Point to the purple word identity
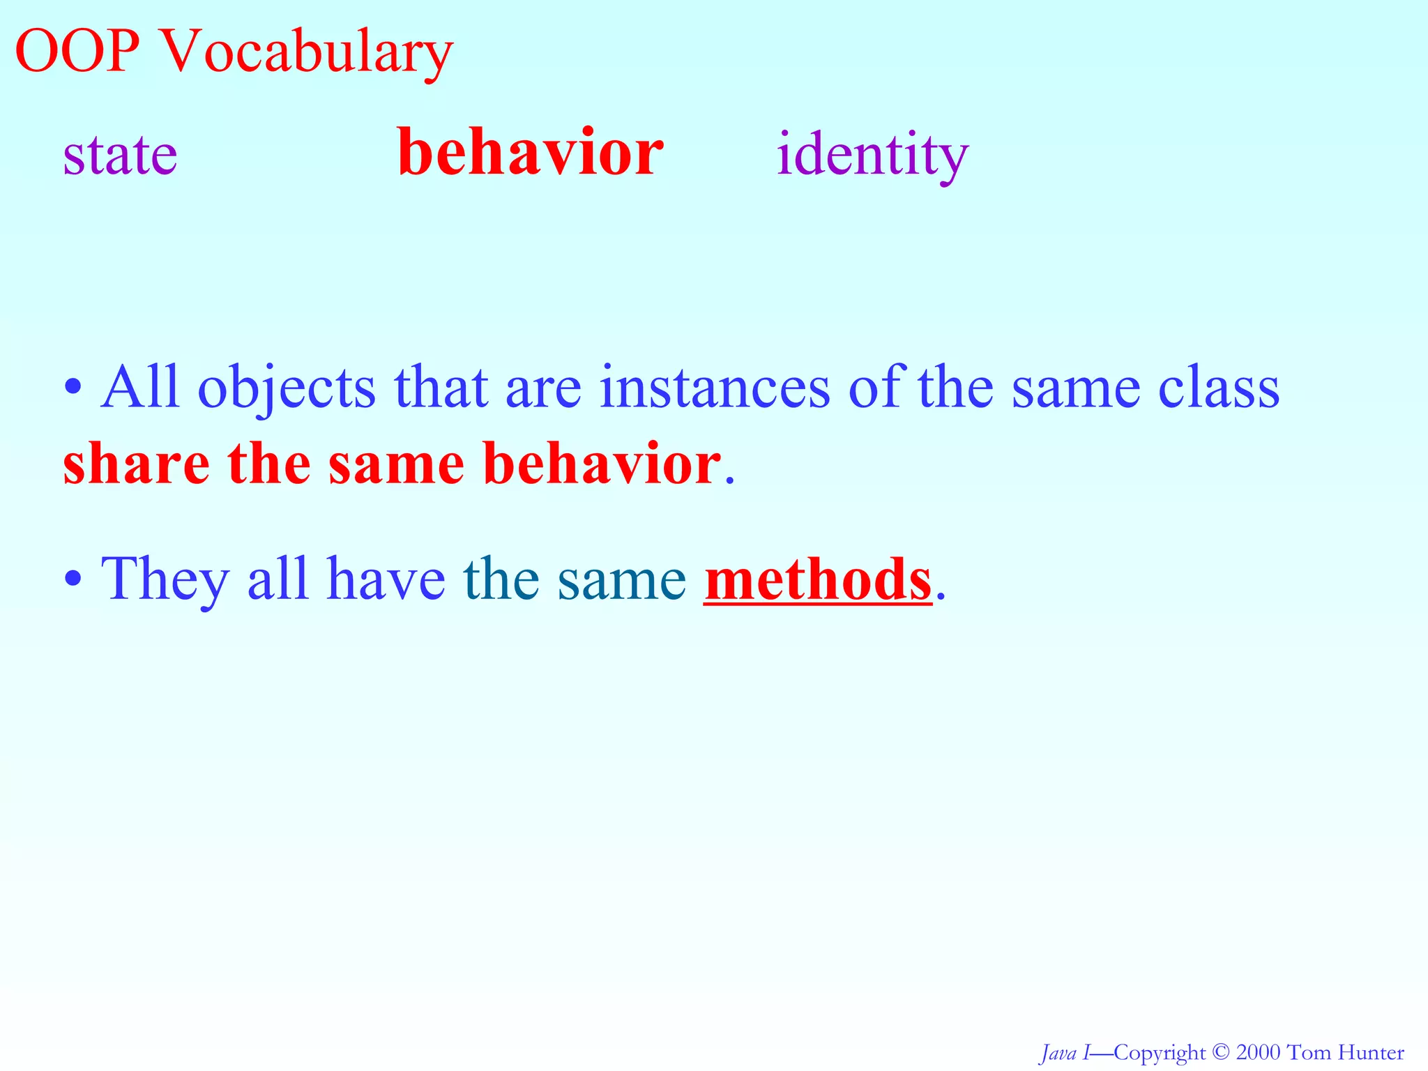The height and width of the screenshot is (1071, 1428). click(872, 155)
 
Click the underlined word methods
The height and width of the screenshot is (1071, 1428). click(817, 579)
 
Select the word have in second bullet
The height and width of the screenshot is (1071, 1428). click(386, 579)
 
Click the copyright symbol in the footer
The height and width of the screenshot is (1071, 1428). click(1220, 1052)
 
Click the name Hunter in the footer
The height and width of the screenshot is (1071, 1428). click(1372, 1052)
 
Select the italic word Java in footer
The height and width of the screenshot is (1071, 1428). click(1058, 1052)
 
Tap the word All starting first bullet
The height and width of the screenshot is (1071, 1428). click(139, 388)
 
